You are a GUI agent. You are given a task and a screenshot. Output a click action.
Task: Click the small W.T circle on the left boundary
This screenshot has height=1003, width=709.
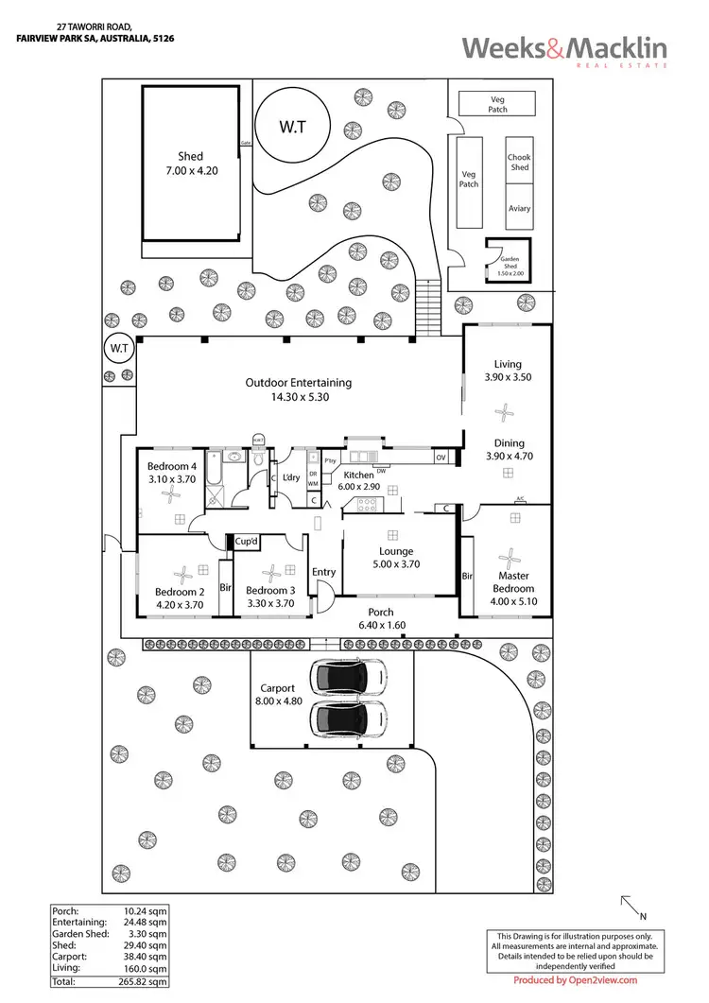coord(119,349)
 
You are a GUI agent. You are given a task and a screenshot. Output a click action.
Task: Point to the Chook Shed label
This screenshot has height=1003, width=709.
coord(519,163)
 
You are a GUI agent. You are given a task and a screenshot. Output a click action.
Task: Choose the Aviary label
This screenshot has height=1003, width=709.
coord(519,209)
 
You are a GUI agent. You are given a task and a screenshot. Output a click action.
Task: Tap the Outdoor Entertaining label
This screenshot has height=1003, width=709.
coord(298,390)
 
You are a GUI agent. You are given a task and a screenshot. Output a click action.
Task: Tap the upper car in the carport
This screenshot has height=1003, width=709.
coord(349,677)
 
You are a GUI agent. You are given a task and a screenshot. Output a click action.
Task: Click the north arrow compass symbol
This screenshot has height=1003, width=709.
coord(630,908)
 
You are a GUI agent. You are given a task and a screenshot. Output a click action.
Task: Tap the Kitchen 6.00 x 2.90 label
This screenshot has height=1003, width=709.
coord(360,481)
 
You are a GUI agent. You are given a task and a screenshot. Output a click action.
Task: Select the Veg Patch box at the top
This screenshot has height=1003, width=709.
coord(497,103)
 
